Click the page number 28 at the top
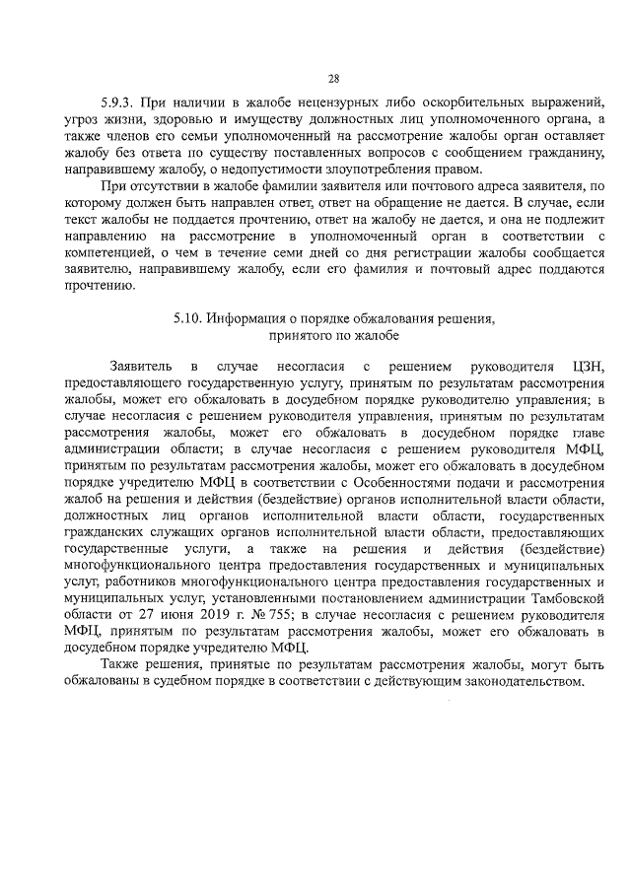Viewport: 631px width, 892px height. point(332,79)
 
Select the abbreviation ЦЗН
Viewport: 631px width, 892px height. point(585,367)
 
